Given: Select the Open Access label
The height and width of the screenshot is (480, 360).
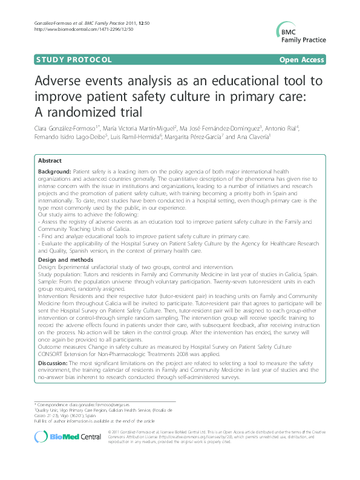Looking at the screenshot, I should coord(301,59).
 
